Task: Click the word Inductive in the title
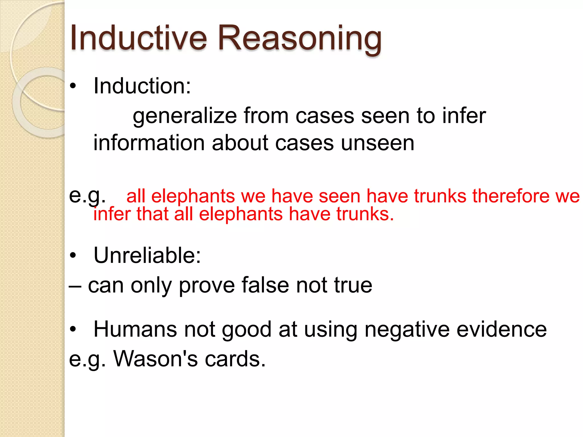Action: pos(138,38)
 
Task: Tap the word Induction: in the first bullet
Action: pos(142,86)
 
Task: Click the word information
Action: pos(149,143)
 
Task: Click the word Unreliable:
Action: pos(147,255)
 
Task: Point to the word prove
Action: pos(207,286)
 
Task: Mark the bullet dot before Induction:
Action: pos(73,86)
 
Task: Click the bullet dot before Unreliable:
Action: pos(73,255)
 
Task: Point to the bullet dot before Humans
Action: pos(73,329)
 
